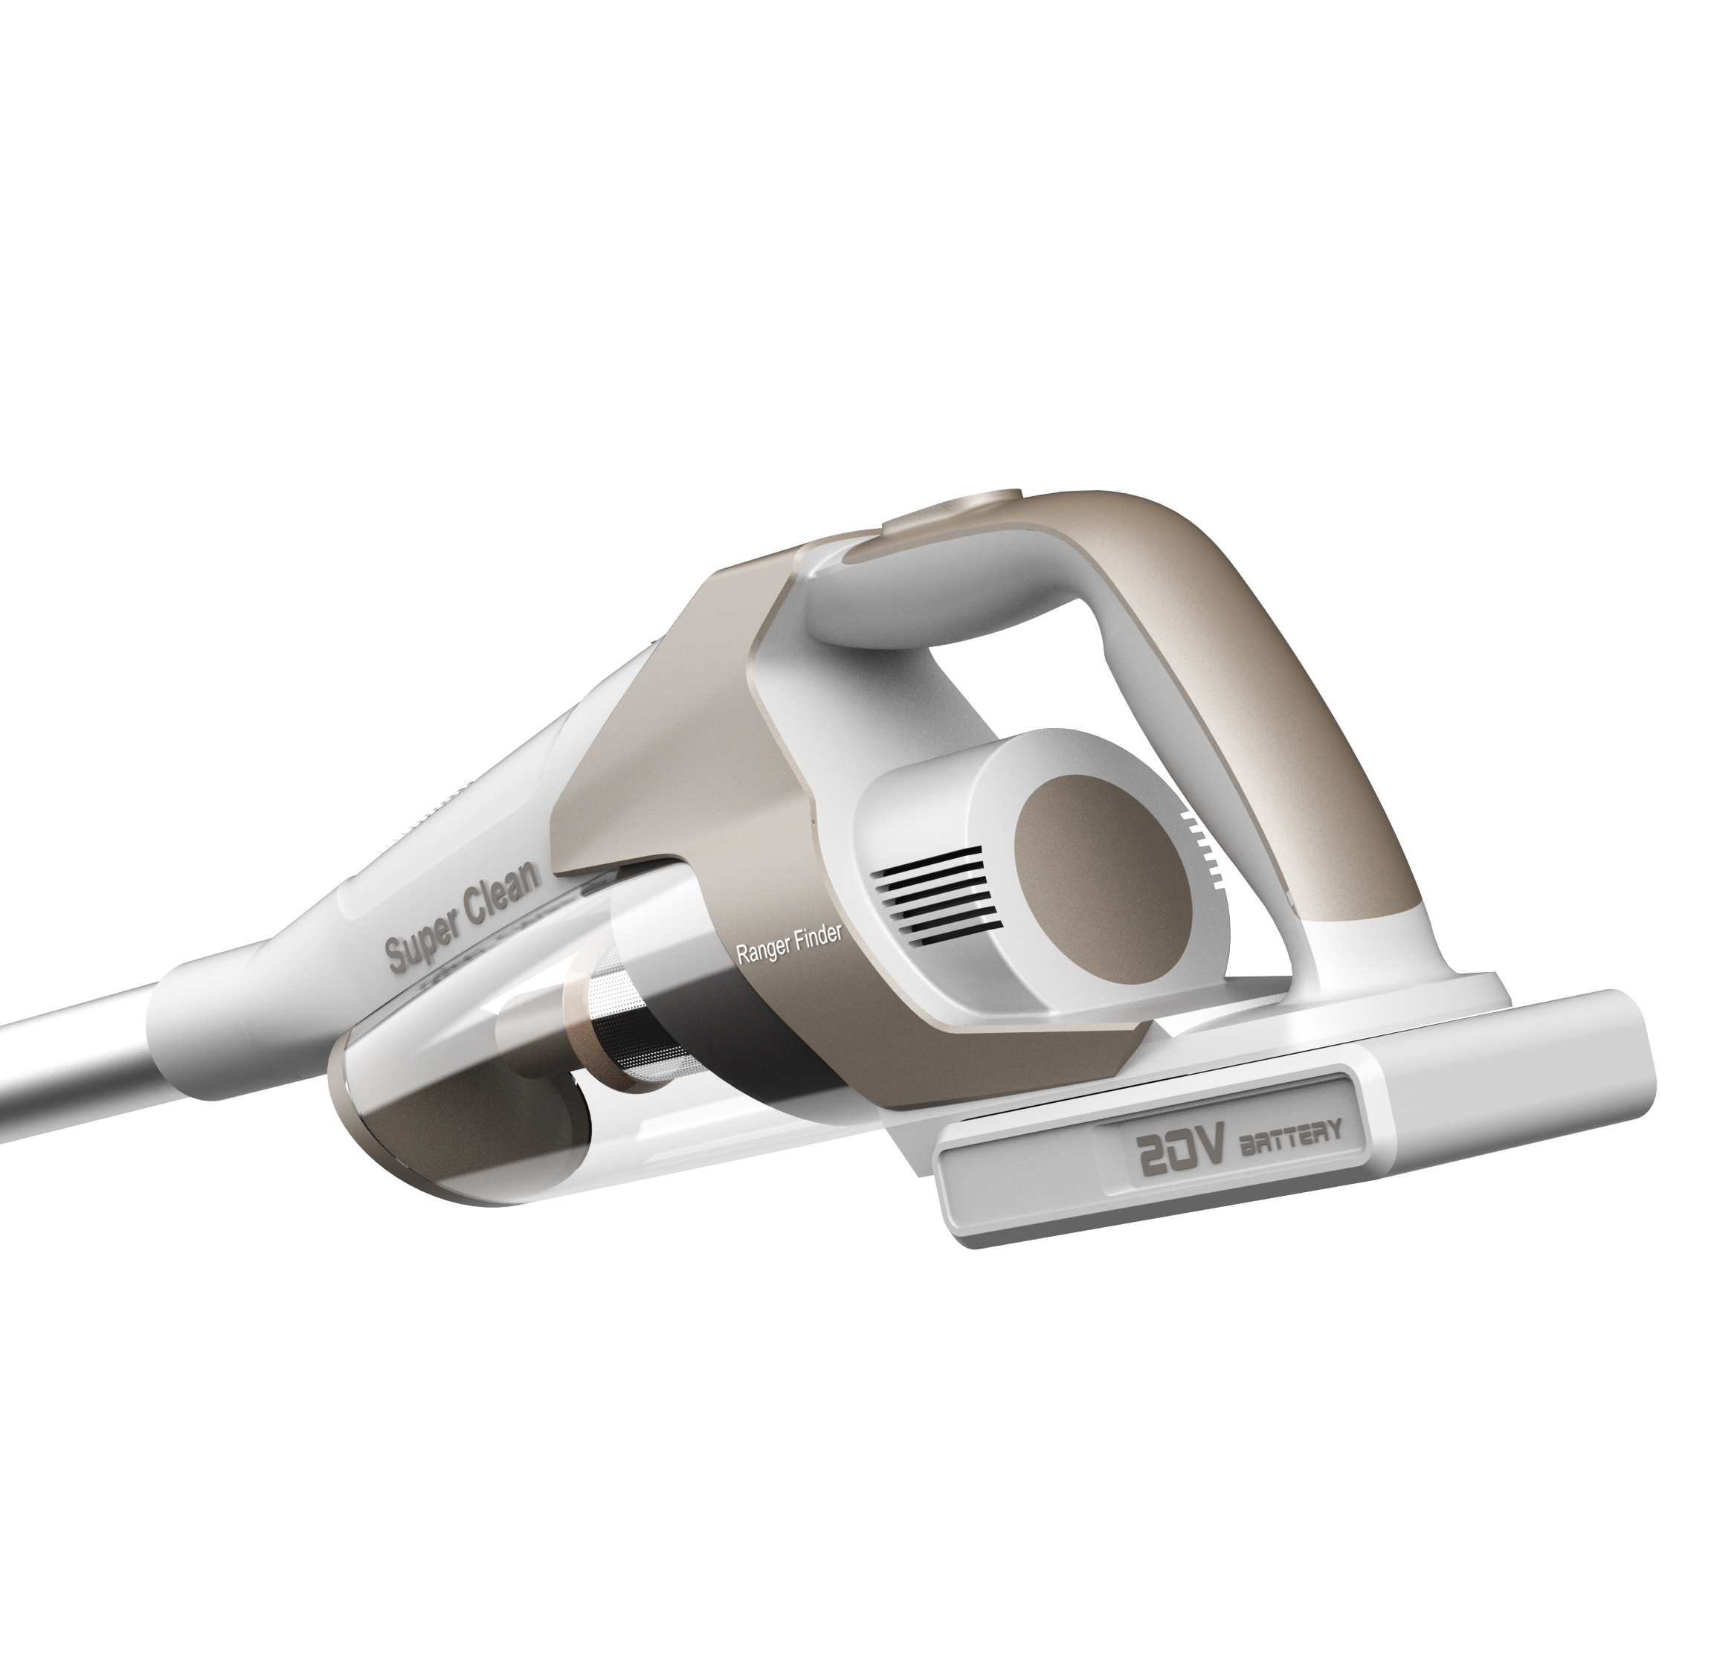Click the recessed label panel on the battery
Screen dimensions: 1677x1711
1233,1145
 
